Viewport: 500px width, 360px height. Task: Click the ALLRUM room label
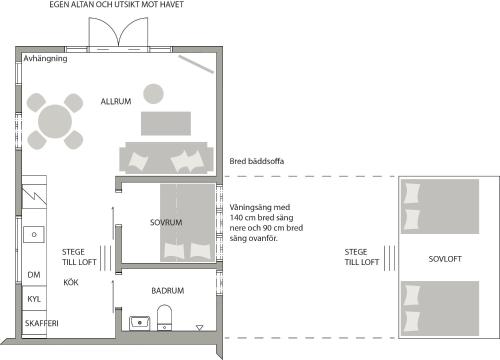[x=116, y=101]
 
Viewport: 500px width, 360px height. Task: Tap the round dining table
[x=55, y=121]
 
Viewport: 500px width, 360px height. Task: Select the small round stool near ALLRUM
[x=153, y=94]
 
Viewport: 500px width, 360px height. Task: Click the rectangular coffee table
[x=166, y=123]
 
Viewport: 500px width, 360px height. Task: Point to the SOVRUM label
[x=166, y=222]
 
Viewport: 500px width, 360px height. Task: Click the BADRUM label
[x=168, y=291]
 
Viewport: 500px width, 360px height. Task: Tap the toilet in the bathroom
[x=164, y=317]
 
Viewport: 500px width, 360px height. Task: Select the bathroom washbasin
[x=140, y=323]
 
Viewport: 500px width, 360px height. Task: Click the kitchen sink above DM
[x=34, y=234]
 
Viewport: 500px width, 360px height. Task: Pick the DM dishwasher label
[x=34, y=275]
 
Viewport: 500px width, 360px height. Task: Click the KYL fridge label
[x=34, y=299]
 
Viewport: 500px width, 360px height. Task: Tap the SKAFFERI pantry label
[x=42, y=323]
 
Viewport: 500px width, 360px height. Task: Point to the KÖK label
[x=71, y=282]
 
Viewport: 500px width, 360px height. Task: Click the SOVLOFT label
[x=445, y=259]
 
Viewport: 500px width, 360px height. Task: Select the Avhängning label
[x=45, y=59]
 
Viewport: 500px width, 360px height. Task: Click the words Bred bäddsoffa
[x=257, y=161]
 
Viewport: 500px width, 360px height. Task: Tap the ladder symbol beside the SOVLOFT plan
[x=389, y=258]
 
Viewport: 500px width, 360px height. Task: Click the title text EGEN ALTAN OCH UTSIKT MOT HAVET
[x=116, y=5]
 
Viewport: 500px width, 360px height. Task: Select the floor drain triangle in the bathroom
[x=199, y=328]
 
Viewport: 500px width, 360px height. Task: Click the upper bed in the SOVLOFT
[x=440, y=206]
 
